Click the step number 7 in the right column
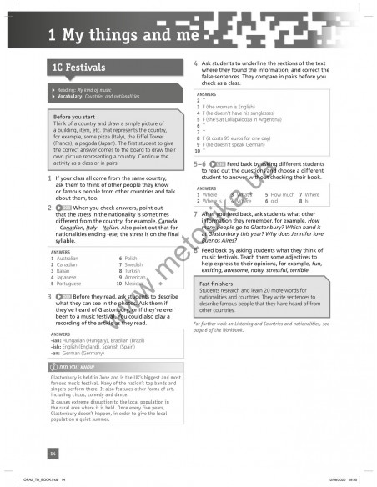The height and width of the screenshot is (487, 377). [195, 213]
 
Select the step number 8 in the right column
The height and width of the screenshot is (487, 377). [195, 249]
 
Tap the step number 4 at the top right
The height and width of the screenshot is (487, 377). [195, 64]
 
